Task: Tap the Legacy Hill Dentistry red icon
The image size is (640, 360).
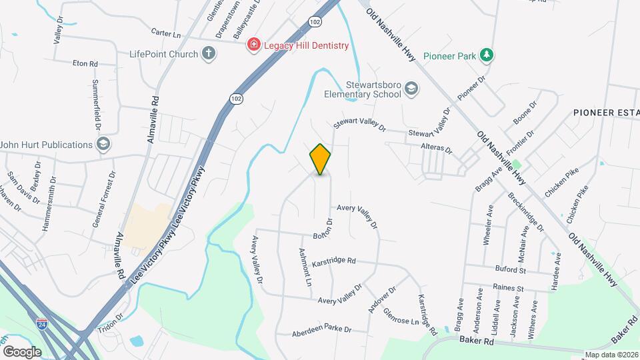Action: (x=253, y=45)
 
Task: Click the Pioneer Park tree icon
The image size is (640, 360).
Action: (x=488, y=55)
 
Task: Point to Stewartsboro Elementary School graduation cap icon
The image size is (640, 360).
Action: (x=412, y=89)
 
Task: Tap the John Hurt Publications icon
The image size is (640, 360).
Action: (x=103, y=145)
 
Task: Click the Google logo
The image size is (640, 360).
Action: (x=22, y=351)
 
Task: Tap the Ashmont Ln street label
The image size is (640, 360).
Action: (x=305, y=267)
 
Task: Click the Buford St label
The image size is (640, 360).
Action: (x=510, y=270)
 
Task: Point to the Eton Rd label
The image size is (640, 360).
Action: (x=85, y=64)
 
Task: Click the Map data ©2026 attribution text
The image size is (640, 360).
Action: (x=612, y=355)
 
